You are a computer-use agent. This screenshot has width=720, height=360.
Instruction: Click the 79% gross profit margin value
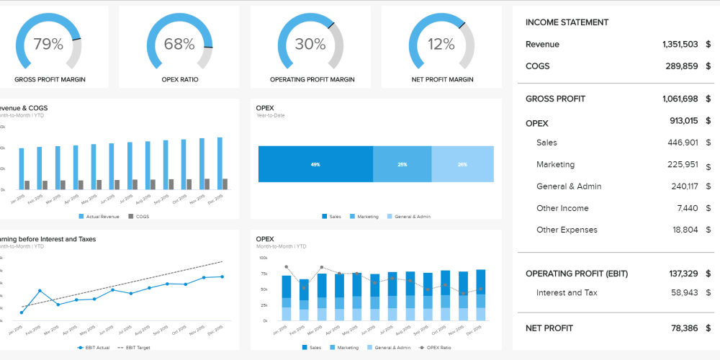48,45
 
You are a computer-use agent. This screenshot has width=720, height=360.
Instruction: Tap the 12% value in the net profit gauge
441,45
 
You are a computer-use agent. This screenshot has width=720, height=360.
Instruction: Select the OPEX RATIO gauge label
179,79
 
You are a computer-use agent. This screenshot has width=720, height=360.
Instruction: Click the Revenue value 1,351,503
680,45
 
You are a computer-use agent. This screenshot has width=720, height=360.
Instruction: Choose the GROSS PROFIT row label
555,99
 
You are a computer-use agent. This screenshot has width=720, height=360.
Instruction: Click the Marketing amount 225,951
682,164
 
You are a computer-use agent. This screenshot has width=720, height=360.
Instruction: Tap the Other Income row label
562,208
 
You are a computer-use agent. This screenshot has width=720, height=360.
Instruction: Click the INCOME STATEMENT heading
567,22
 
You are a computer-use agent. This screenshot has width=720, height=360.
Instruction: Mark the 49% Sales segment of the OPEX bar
315,164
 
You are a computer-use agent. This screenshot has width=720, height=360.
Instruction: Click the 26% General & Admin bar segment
462,164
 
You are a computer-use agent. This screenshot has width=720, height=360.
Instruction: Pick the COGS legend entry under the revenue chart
140,216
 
